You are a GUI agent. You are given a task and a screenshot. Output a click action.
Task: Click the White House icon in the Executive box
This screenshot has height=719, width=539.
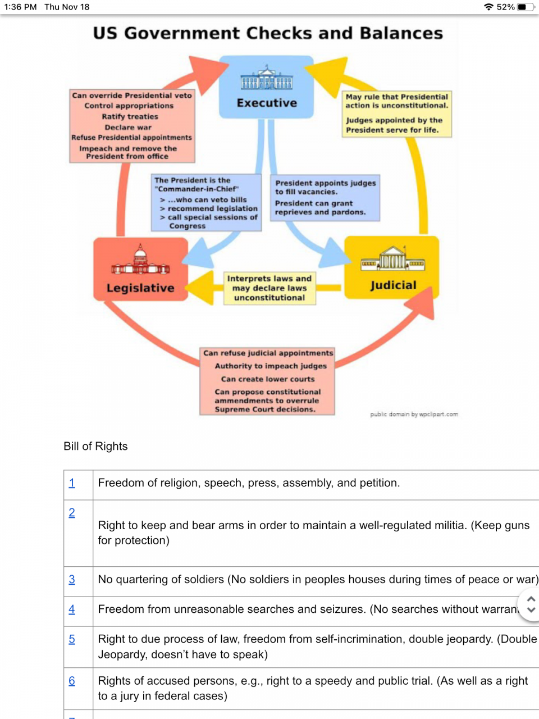267,79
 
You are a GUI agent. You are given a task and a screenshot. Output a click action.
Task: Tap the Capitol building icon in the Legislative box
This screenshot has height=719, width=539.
140,261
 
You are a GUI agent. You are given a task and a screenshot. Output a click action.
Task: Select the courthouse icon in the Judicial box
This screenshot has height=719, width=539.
392,258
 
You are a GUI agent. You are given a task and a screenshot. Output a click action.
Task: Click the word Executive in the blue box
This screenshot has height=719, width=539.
267,103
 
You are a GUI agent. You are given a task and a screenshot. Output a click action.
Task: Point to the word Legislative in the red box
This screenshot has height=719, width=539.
140,288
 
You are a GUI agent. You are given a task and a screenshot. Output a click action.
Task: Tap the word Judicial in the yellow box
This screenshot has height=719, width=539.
393,285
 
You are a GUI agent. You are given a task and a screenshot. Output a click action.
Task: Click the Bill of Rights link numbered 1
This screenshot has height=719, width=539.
72,483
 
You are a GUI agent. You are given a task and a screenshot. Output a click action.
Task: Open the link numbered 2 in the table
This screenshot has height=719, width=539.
72,513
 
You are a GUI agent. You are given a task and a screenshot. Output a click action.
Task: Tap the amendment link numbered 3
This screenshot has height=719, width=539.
72,580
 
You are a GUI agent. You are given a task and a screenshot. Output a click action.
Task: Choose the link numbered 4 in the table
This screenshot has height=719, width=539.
72,609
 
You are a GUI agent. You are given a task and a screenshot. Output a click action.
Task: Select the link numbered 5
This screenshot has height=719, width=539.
72,639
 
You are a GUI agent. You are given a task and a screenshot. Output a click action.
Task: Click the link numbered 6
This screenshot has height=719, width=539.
72,681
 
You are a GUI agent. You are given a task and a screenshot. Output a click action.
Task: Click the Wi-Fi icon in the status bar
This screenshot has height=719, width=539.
488,7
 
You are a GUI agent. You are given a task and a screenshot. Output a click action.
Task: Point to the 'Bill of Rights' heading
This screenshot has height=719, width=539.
95,446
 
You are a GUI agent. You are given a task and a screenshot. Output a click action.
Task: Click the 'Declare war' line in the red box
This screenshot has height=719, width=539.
128,128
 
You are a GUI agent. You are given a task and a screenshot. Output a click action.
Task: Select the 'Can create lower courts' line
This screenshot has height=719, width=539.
268,379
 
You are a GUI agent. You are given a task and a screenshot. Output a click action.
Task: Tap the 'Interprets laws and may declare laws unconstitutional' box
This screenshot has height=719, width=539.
269,288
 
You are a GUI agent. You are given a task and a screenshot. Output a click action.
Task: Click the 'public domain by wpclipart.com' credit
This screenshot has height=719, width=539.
414,414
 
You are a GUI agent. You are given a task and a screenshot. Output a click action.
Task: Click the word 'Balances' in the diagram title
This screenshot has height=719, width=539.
401,33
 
